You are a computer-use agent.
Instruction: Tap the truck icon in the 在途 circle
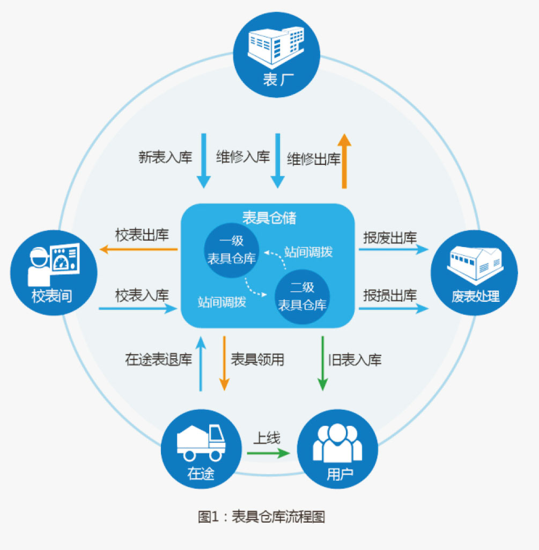tap(201, 442)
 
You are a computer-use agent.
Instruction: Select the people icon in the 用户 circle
tap(337, 444)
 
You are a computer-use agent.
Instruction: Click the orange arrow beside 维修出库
tap(344, 161)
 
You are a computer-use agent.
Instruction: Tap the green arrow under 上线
tap(268, 453)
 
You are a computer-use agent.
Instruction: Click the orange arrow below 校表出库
tap(139, 249)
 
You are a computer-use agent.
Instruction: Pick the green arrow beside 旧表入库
tap(323, 363)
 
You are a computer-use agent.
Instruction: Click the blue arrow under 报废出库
tap(394, 249)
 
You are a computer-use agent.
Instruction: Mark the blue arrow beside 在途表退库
tap(201, 363)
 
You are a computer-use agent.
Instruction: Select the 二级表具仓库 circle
tap(302, 296)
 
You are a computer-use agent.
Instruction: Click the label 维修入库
tap(242, 157)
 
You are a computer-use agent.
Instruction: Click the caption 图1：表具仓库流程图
tap(261, 517)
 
